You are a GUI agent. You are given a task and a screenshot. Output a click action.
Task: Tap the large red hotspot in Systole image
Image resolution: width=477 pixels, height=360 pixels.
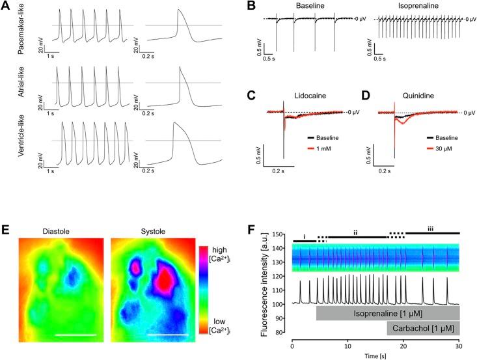[x=165, y=281]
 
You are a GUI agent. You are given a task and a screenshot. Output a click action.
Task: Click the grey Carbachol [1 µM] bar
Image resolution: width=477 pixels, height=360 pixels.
[x=423, y=327]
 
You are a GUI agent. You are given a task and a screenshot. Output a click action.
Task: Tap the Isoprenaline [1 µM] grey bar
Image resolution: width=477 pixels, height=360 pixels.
[x=388, y=312]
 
